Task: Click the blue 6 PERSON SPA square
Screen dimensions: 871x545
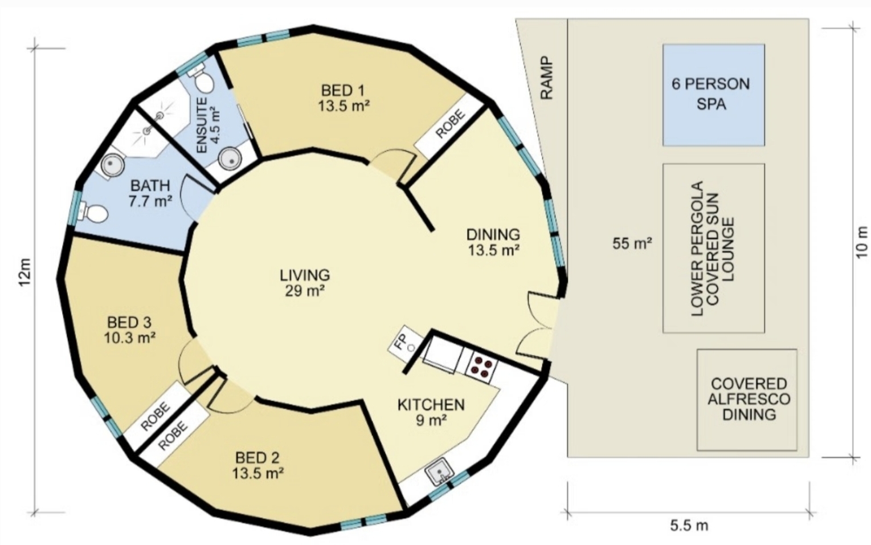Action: click(714, 95)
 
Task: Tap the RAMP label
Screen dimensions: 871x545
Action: click(547, 78)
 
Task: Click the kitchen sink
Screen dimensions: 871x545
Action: click(439, 473)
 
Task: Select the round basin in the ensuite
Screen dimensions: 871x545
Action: click(230, 158)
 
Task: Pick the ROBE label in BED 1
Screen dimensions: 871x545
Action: click(449, 124)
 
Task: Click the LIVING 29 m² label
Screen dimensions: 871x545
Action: click(305, 282)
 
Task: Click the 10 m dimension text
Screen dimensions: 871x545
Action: click(861, 242)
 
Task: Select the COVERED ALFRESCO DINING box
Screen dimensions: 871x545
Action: click(747, 400)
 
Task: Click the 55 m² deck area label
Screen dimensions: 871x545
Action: click(632, 243)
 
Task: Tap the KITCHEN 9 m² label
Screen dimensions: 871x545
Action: click(431, 412)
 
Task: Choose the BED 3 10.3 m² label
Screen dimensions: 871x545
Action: click(129, 330)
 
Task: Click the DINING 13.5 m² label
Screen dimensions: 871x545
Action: click(493, 242)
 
